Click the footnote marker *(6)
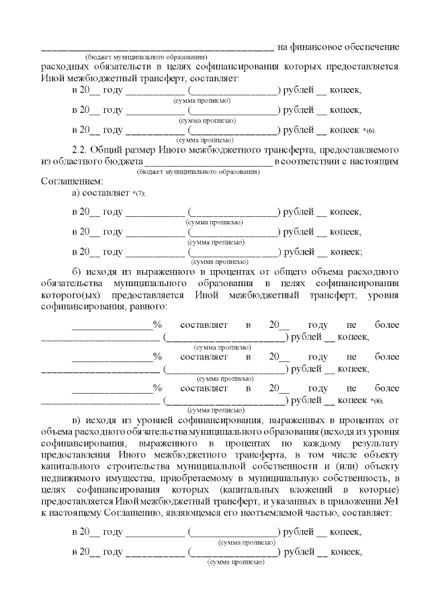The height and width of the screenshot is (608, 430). (368, 130)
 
